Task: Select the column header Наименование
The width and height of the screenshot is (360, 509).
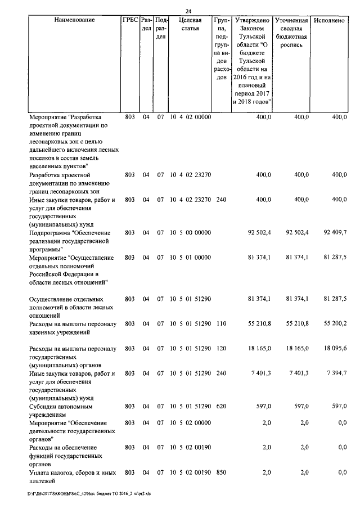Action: [74, 20]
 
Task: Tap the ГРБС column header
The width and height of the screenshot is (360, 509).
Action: [129, 20]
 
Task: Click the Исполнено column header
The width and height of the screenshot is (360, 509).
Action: [330, 20]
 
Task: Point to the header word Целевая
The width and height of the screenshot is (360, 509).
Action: [190, 20]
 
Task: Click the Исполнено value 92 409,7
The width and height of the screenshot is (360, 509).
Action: [332, 232]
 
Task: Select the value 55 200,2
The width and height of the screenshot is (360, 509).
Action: [332, 323]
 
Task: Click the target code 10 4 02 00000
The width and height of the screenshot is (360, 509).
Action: [190, 117]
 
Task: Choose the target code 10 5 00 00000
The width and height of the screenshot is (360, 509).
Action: [190, 232]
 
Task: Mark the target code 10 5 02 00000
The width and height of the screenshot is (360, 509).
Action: [190, 422]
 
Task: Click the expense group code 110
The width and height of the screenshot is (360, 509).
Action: [221, 323]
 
